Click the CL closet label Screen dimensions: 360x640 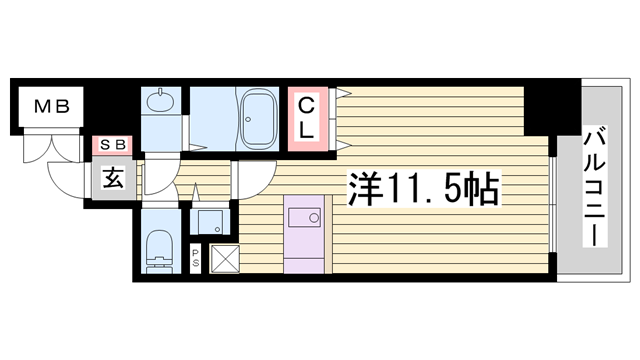coord(308,116)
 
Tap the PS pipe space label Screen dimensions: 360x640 coord(195,258)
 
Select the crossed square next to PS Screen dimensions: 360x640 coord(223,259)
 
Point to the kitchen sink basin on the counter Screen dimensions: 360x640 coord(304,216)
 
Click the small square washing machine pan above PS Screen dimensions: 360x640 coord(211,220)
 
